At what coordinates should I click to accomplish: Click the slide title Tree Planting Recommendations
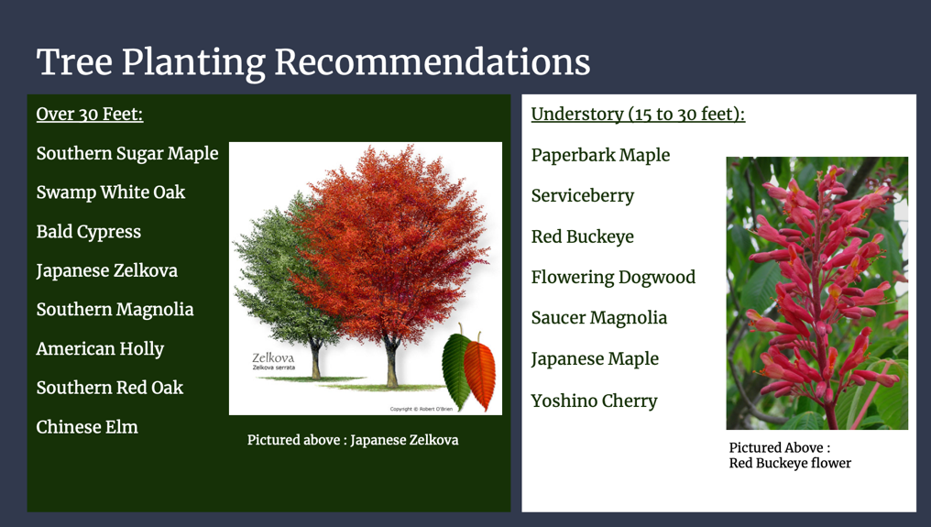coord(312,61)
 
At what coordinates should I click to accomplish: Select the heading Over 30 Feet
coord(90,115)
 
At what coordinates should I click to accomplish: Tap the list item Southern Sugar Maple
coord(127,153)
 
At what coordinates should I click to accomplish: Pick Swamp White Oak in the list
coord(110,192)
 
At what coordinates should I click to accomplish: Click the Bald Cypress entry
coord(89,232)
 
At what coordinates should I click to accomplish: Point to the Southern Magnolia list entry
coord(115,310)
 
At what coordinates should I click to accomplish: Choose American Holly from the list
coord(100,349)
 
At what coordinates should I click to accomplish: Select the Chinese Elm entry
coord(87,427)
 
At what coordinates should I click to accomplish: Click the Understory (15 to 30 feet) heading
coord(638,115)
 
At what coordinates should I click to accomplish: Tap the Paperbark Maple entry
coord(600,156)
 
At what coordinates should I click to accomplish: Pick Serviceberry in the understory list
coord(582,196)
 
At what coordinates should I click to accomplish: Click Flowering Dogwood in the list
coord(613,278)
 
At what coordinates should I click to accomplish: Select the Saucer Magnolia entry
coord(598,318)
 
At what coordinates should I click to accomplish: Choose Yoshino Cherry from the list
coord(594,401)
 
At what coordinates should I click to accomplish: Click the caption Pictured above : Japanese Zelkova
coord(353,440)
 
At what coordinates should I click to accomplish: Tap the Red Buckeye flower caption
coord(789,456)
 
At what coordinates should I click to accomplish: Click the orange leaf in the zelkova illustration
coord(479,373)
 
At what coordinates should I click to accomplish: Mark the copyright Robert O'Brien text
coord(422,409)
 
